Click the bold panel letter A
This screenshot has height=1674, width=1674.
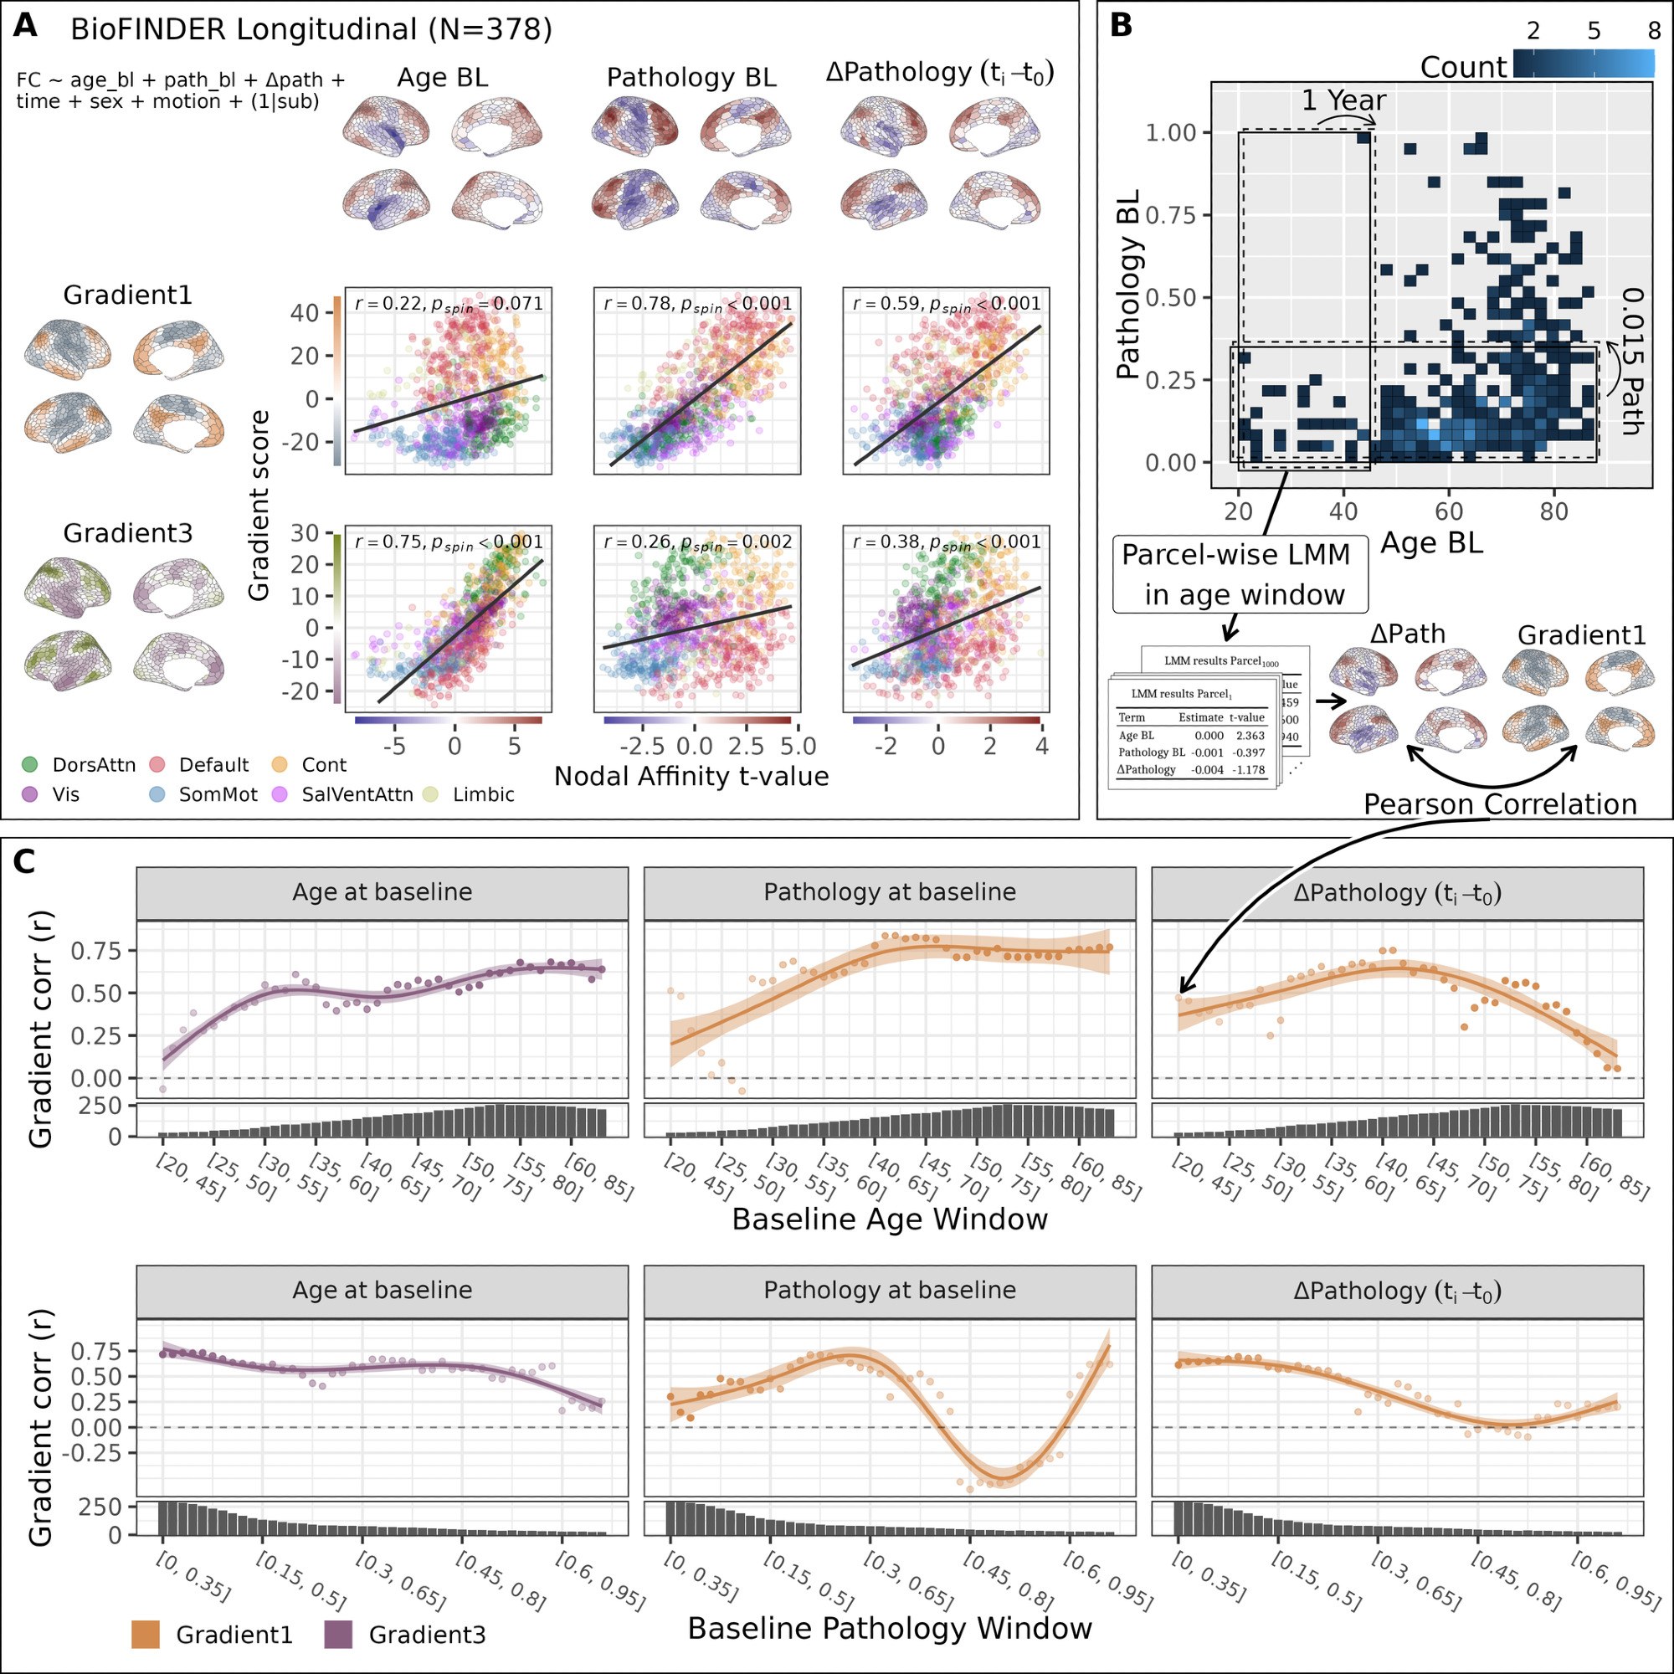tap(25, 26)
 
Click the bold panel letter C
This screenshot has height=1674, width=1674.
tap(25, 861)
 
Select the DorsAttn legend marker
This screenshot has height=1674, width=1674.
tap(30, 764)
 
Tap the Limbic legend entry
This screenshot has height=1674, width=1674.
tap(484, 794)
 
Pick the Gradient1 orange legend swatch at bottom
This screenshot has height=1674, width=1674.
tap(146, 1635)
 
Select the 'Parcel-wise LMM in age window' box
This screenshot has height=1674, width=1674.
tap(1240, 574)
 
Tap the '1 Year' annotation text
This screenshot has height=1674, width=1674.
tap(1343, 101)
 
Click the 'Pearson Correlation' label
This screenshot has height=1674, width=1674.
tap(1499, 804)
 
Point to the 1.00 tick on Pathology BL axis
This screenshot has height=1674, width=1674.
tap(1171, 132)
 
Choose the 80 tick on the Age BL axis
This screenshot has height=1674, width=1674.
tap(1553, 511)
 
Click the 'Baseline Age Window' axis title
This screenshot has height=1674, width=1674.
tap(889, 1220)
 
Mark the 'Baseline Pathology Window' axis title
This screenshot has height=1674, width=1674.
tap(889, 1629)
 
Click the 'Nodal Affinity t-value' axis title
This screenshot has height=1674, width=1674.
tap(691, 777)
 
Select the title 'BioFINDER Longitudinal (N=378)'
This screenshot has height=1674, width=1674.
tap(311, 30)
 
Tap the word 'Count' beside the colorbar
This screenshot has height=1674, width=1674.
tap(1463, 68)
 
